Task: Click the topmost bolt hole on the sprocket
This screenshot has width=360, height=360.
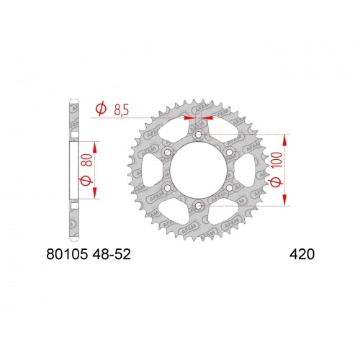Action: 198,134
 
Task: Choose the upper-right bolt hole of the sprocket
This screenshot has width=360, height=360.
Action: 228,152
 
